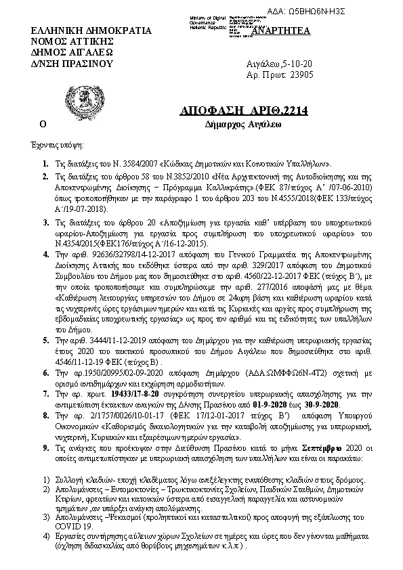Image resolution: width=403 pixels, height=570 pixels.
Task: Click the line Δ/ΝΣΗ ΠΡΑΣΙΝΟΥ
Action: (x=67, y=63)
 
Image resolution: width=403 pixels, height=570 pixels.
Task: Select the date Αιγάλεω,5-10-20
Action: (x=274, y=64)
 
